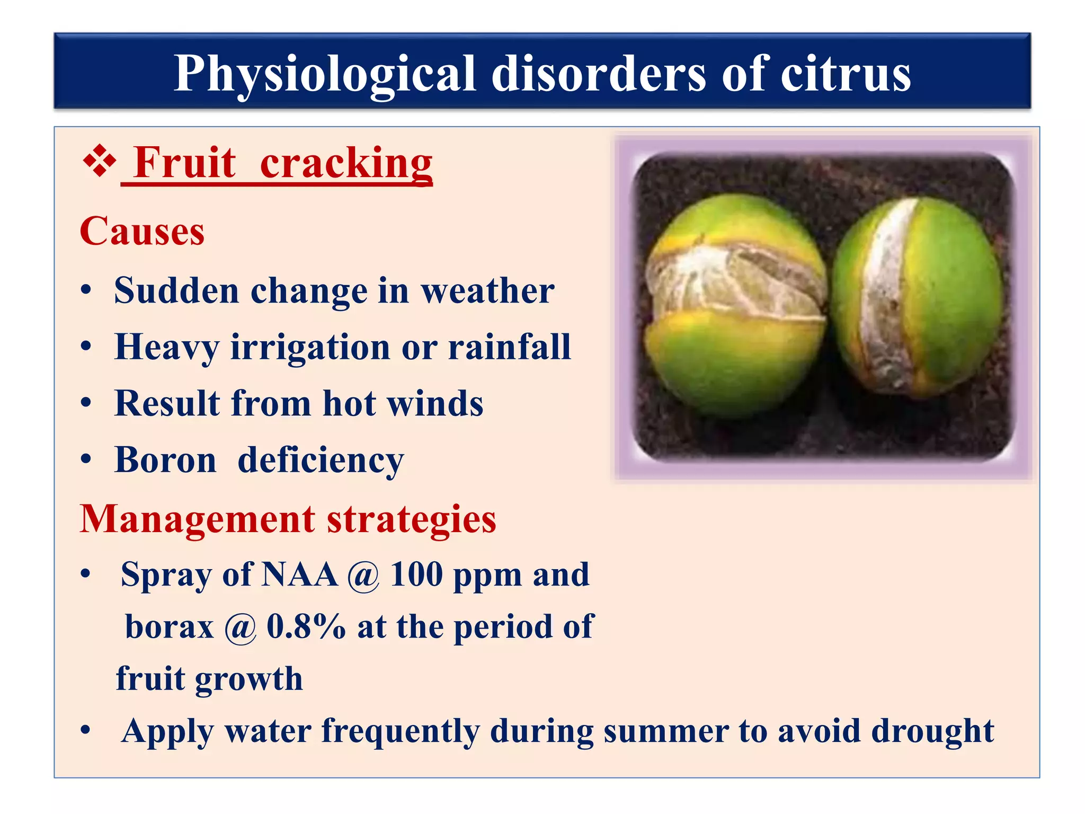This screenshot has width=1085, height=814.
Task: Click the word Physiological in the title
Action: click(x=325, y=74)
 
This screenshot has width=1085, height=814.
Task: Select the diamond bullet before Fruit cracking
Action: click(x=100, y=162)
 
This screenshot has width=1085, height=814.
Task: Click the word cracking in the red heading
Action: click(x=346, y=163)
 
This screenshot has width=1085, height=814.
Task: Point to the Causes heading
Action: click(x=142, y=231)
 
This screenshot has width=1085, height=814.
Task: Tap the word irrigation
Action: click(x=310, y=347)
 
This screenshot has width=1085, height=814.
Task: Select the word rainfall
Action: click(x=509, y=347)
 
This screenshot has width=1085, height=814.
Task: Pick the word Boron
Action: click(x=165, y=460)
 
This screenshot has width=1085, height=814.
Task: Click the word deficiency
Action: click(x=321, y=460)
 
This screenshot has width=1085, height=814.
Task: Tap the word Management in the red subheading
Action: click(x=197, y=519)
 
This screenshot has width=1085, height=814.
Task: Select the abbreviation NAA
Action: click(x=299, y=574)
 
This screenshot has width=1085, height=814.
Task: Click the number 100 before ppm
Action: click(x=416, y=574)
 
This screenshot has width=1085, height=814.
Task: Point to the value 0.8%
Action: click(x=306, y=626)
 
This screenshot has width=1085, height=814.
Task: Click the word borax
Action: click(x=170, y=626)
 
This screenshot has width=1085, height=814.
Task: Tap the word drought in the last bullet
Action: click(x=932, y=731)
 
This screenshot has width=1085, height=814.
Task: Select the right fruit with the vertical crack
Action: click(x=917, y=297)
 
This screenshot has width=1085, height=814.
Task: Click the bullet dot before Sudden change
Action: click(x=86, y=290)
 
